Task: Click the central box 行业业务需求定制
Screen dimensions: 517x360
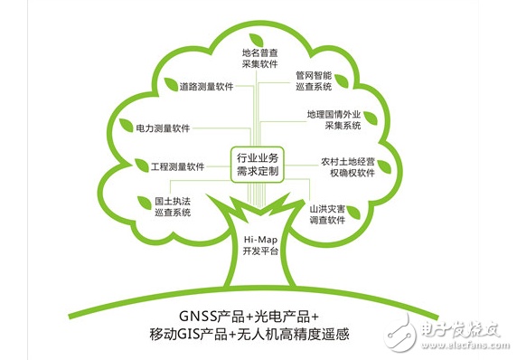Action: pos(258,165)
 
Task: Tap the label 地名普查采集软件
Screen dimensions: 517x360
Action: pos(259,59)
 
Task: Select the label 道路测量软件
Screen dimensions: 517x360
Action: pos(206,87)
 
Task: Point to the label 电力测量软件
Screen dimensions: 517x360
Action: pos(163,128)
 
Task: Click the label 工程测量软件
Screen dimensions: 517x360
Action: pos(178,166)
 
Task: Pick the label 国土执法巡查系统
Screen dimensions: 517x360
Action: pos(173,207)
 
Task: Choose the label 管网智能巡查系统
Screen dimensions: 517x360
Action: pos(314,81)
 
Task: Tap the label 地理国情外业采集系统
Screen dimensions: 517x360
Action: pos(334,119)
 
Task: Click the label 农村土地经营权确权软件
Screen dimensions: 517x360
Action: pos(348,167)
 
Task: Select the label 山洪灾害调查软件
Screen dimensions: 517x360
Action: pos(327,214)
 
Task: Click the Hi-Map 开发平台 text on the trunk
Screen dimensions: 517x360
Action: pos(260,245)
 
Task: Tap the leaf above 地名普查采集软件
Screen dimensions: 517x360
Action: pos(256,40)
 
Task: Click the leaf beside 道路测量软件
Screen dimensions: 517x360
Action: pos(171,84)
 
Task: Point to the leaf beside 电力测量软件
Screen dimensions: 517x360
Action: pos(126,126)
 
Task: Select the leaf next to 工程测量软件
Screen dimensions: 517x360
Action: pos(142,165)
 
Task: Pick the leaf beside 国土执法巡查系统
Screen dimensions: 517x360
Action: pos(145,203)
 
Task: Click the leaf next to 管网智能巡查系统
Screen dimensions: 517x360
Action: pos(342,81)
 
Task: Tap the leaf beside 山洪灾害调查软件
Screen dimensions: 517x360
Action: pos(353,213)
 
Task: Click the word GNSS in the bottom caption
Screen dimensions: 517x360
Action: pos(198,316)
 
